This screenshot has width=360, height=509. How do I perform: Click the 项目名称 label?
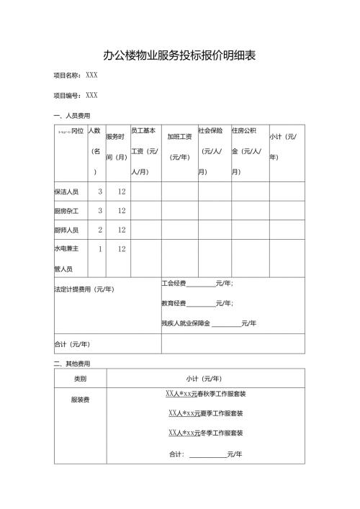[x=68, y=75]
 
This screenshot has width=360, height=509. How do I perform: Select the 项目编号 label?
[x=68, y=95]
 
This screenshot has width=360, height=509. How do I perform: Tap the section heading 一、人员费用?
[x=71, y=115]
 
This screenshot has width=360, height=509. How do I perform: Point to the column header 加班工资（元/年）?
[x=179, y=146]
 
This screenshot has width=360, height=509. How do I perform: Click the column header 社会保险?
[x=211, y=131]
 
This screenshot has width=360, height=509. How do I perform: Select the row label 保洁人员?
[x=66, y=192]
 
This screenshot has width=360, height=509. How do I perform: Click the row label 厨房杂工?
[x=66, y=211]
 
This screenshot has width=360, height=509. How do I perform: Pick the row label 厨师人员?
[x=66, y=230]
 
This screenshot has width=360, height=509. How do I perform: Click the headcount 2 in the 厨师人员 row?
[x=100, y=230]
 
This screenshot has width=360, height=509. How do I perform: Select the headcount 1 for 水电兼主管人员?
[x=100, y=249]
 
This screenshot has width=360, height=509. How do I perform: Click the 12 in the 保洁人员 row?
[x=122, y=192]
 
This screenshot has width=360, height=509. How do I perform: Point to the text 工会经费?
[x=174, y=284]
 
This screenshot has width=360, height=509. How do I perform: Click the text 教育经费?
[x=174, y=304]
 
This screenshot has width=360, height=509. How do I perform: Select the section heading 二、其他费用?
[x=71, y=364]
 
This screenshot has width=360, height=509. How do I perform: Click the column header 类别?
[x=80, y=378]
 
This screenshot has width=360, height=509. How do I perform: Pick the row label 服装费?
[x=80, y=399]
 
